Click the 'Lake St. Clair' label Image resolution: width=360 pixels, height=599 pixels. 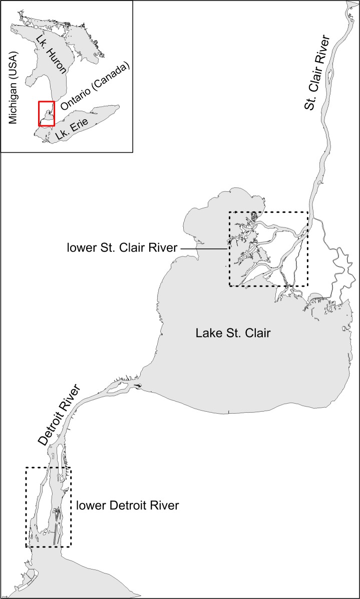[233, 333]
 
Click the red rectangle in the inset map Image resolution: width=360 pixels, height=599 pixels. [47, 114]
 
